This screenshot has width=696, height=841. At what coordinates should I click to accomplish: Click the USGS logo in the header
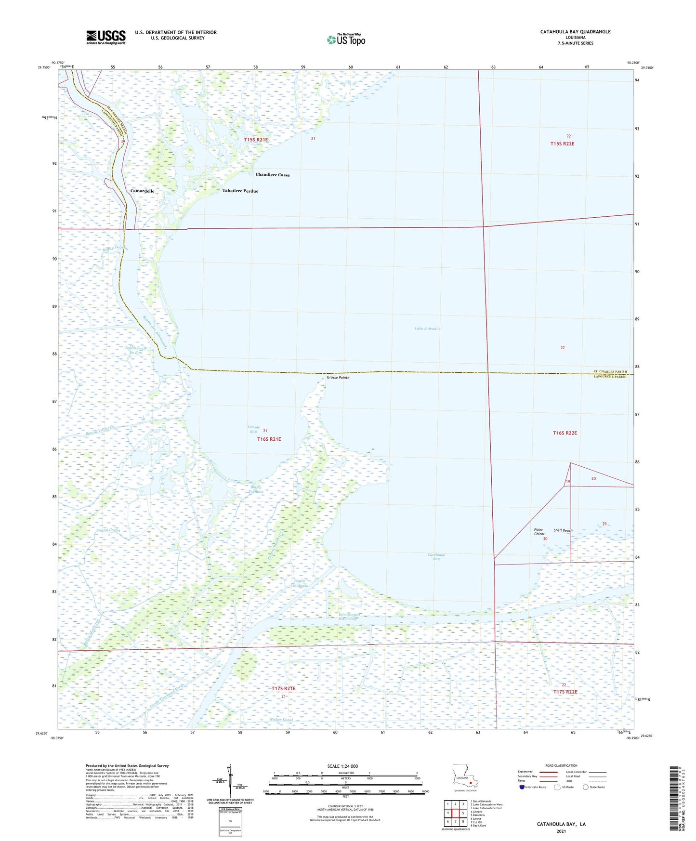(x=105, y=37)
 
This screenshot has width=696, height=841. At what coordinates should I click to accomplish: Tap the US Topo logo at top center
(x=346, y=39)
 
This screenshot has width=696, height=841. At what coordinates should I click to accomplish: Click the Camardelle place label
(x=142, y=191)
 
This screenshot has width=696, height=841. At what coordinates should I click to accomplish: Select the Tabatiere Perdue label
(x=240, y=191)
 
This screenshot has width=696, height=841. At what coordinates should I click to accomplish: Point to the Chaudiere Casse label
(x=273, y=175)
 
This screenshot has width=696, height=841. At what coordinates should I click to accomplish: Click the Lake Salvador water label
(x=427, y=329)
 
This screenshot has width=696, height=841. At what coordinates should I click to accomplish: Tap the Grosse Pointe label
(x=338, y=378)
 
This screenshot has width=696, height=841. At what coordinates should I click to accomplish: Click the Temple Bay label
(x=253, y=429)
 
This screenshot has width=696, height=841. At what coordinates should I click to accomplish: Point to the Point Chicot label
(x=539, y=532)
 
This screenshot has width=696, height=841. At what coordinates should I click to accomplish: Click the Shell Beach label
(x=563, y=530)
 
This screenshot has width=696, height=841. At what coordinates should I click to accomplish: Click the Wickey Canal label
(x=281, y=720)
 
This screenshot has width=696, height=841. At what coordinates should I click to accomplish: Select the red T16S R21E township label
(x=269, y=439)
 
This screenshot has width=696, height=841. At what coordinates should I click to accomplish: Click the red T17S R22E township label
(x=565, y=692)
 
